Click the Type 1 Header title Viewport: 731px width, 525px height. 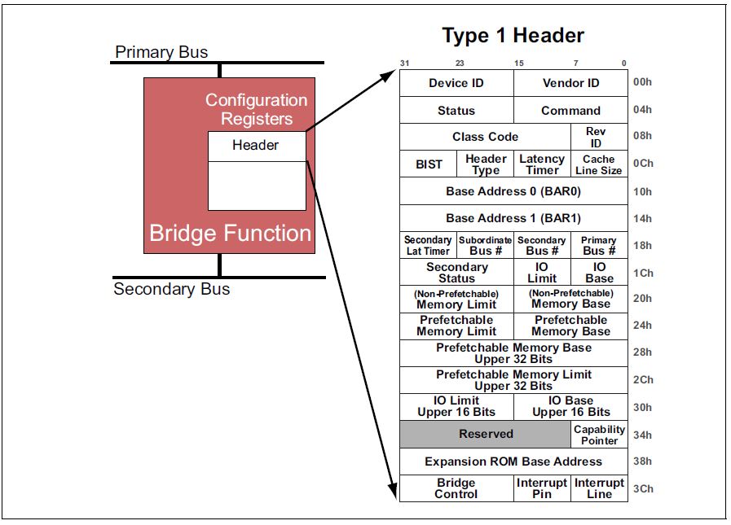point(513,36)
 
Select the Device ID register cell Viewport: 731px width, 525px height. point(456,83)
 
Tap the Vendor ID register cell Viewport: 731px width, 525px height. point(570,83)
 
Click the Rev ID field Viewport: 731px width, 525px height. point(599,137)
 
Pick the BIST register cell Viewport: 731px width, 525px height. point(428,164)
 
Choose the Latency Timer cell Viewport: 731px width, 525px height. point(542,164)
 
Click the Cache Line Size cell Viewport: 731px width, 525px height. point(599,164)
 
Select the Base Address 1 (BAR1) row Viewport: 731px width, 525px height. point(513,218)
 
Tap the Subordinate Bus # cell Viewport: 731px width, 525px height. point(485,245)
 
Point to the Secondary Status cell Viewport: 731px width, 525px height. point(456,273)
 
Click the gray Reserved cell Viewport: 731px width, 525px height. point(486,434)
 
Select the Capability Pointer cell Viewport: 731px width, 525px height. point(599,435)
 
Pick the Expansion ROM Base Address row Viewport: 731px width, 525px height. point(513,462)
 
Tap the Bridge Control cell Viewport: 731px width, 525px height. point(456,488)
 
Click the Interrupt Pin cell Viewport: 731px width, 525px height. point(542,488)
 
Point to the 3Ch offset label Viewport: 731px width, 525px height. point(642,489)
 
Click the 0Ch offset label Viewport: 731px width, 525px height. point(642,164)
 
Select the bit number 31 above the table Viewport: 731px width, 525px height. point(405,63)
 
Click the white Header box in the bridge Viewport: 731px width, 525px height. point(256,146)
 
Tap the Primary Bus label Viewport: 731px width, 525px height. point(161,52)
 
